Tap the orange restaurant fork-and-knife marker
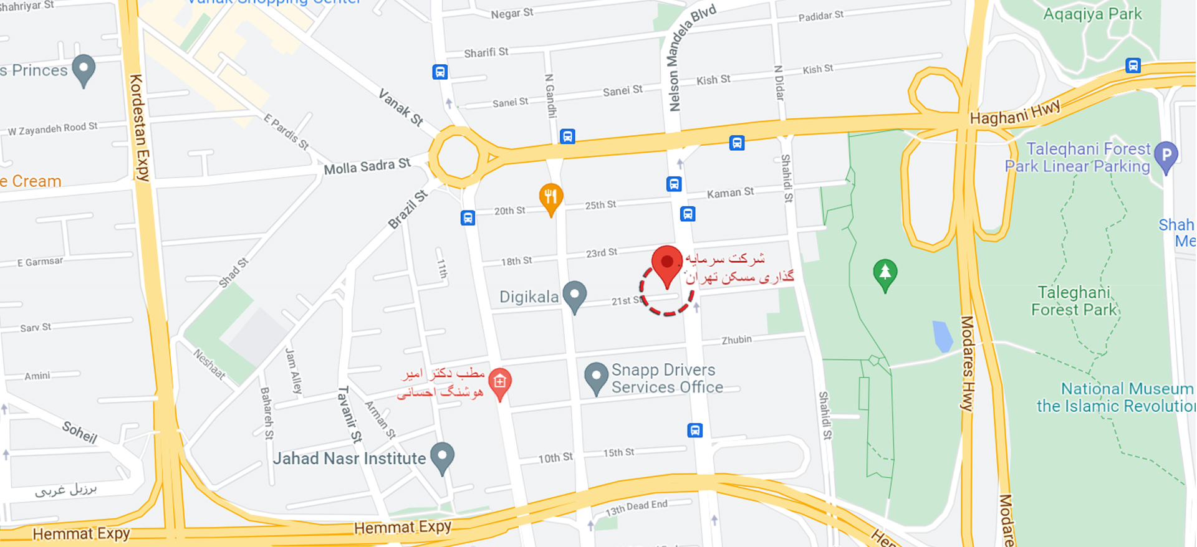[550, 198]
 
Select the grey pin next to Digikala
[574, 295]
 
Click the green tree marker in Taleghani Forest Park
[885, 273]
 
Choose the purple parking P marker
[1166, 155]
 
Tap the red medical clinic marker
[499, 383]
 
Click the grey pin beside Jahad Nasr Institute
[442, 457]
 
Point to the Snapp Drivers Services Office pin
[596, 377]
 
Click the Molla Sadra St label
[367, 166]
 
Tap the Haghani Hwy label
[1014, 113]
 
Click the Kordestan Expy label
[140, 127]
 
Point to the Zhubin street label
[736, 340]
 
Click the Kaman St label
[730, 193]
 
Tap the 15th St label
[618, 453]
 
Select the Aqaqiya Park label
[1092, 14]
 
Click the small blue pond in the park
[943, 336]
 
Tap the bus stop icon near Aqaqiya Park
[1133, 65]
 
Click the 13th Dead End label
[637, 508]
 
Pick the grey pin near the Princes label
[84, 69]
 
